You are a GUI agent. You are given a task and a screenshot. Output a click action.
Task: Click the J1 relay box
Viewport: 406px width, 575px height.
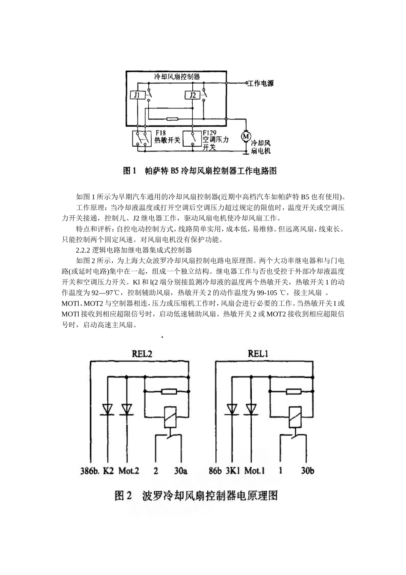click(x=137, y=95)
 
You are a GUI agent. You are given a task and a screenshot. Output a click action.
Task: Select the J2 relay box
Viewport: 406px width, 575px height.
click(x=192, y=95)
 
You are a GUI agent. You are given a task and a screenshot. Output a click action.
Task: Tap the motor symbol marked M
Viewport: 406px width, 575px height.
click(x=246, y=136)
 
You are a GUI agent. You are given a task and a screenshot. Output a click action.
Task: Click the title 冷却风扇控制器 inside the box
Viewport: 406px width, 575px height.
click(x=177, y=77)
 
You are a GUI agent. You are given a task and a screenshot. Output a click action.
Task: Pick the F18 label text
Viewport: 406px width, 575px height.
click(x=161, y=133)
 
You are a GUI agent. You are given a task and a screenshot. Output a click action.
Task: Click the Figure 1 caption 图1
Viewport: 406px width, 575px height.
click(x=129, y=171)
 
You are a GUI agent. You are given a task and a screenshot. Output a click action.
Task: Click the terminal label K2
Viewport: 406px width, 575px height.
click(x=109, y=471)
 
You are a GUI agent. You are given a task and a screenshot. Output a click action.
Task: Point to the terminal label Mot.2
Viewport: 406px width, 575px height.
click(x=129, y=471)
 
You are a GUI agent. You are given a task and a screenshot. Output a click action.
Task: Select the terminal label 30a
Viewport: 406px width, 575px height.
click(x=181, y=471)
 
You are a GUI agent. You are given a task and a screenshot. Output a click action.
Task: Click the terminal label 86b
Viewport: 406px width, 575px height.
click(x=215, y=471)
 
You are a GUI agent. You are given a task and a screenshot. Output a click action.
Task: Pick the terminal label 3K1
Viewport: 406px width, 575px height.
click(x=234, y=471)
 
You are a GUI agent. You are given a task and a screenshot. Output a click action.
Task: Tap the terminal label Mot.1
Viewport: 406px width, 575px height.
click(x=254, y=471)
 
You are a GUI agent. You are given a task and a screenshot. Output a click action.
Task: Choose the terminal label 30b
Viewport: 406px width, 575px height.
click(x=307, y=471)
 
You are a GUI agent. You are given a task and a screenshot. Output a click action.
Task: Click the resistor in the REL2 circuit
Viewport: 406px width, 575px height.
click(x=169, y=391)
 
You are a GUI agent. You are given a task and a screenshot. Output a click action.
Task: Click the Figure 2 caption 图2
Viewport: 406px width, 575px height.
click(x=124, y=496)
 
